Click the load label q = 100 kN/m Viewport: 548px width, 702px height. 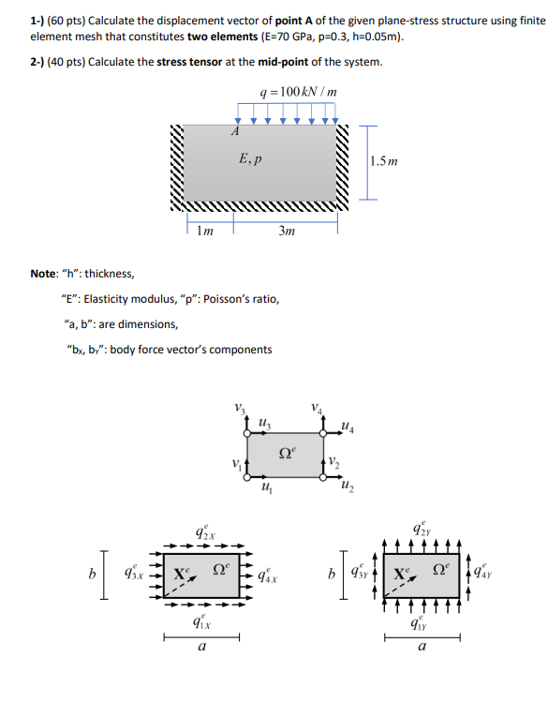298,93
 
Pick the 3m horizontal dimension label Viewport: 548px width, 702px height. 287,231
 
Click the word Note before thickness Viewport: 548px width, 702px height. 45,274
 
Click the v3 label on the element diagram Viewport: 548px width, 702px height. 240,408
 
